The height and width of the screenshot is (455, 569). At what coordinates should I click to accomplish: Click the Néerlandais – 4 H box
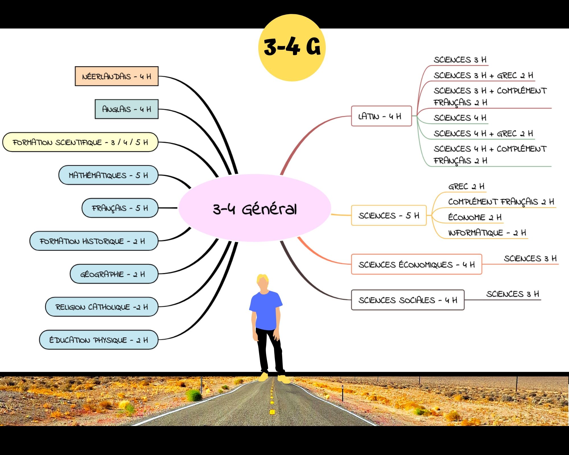pos(116,76)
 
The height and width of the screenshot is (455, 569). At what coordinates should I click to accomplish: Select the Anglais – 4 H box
pos(126,109)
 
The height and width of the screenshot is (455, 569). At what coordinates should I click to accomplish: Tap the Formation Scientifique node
pos(80,142)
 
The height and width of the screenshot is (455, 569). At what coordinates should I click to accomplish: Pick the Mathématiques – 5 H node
pos(108,175)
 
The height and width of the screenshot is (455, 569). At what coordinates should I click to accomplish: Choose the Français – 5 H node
pos(120,208)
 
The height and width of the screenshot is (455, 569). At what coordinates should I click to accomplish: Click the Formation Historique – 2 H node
pos(94,241)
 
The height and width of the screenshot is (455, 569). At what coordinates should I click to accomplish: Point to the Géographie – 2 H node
pos(114,274)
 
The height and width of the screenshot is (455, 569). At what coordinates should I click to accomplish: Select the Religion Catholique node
pos(102,307)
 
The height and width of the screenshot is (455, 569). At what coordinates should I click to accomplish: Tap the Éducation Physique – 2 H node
pos(98,340)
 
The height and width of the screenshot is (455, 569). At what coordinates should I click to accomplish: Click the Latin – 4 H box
pos(381,116)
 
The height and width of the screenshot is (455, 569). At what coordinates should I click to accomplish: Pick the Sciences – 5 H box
pos(389,216)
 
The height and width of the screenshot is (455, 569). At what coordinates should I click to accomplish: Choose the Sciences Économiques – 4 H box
pos(416,264)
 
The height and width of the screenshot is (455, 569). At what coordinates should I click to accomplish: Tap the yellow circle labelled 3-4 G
pos(292,47)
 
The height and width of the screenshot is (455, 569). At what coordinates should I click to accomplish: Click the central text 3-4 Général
pos(255,209)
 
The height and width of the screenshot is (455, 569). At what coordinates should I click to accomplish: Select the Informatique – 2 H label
pos(487,233)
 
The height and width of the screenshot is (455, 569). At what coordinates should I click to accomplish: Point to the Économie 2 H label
pos(475,218)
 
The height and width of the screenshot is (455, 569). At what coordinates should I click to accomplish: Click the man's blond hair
pos(262,278)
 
